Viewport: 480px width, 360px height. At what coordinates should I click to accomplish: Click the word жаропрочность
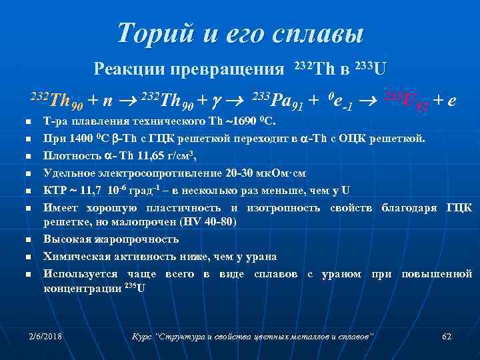point(133,239)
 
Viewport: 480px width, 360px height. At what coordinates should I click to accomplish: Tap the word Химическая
point(75,256)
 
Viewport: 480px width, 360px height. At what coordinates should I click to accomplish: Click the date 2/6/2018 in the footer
point(45,336)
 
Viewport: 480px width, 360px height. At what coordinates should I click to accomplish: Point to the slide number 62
point(447,336)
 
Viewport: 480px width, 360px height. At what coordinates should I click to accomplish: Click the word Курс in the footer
point(142,336)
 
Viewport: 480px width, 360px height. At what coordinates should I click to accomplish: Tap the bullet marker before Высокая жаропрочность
point(23,239)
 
